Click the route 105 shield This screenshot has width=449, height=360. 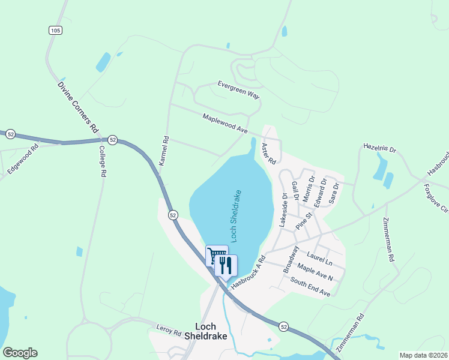point(55,29)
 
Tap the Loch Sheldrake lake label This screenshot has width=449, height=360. point(236,216)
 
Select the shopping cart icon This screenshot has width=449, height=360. point(215,256)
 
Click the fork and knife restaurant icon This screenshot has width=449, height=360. point(226,265)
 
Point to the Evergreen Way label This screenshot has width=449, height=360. point(238,91)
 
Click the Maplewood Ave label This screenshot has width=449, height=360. point(225,124)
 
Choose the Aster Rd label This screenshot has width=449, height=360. point(268,154)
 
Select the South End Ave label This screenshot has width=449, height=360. point(310,287)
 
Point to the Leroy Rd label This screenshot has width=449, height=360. point(169,331)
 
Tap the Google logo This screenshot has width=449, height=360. point(20,353)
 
